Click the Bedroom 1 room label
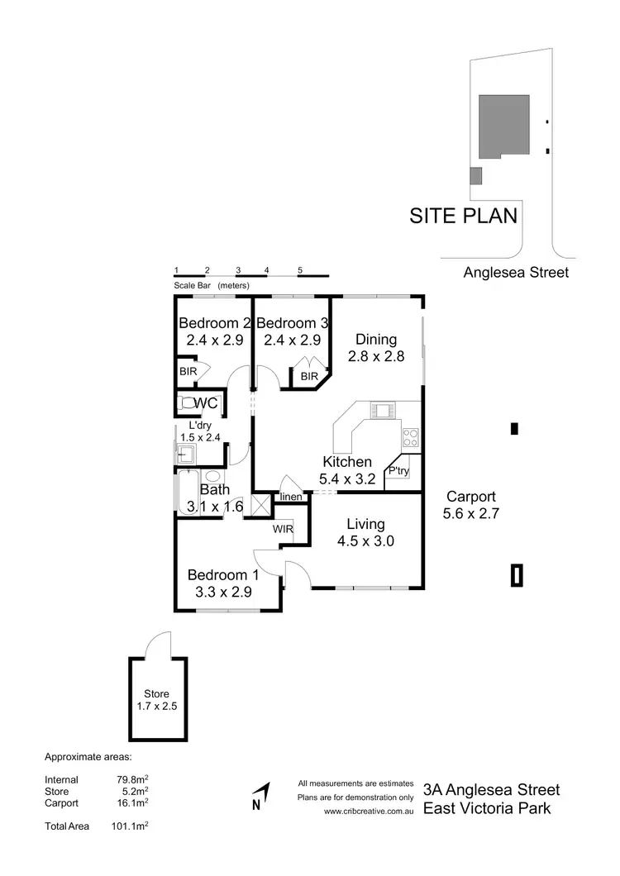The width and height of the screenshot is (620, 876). (x=223, y=575)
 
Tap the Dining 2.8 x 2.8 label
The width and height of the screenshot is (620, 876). (x=376, y=339)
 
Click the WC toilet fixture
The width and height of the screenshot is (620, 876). (x=188, y=404)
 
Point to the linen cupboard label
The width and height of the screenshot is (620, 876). (x=290, y=497)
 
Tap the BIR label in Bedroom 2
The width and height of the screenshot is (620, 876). (x=188, y=372)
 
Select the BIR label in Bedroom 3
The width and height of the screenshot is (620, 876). (x=309, y=377)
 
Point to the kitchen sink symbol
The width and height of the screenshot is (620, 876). (x=383, y=410)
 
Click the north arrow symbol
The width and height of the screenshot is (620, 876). (x=260, y=796)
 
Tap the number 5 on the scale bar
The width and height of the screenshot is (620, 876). (x=300, y=270)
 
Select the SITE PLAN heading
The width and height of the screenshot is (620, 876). (x=464, y=217)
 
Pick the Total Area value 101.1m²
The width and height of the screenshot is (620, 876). (x=130, y=826)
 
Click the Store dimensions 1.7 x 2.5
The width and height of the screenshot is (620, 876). (x=157, y=707)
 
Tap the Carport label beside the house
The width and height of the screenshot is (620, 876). (x=470, y=497)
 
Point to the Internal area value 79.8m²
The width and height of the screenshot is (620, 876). (x=132, y=779)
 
